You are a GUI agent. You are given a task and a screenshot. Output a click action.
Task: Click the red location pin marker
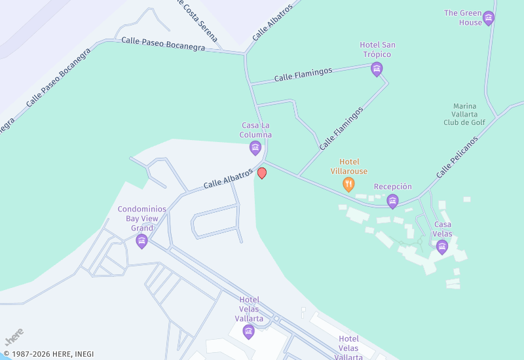click(262, 173)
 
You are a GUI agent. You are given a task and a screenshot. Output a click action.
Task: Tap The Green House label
click(462, 18)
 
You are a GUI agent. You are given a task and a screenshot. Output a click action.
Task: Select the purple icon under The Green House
click(488, 18)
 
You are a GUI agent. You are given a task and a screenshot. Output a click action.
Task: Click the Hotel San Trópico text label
click(377, 50)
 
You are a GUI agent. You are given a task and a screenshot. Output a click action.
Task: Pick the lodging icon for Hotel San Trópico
click(377, 69)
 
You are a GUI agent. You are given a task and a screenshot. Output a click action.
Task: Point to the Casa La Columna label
click(255, 130)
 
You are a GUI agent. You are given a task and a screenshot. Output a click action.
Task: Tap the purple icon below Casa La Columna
click(255, 148)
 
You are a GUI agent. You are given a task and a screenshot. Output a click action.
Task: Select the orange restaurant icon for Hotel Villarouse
click(348, 185)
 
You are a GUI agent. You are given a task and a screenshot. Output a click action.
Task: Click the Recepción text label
click(393, 187)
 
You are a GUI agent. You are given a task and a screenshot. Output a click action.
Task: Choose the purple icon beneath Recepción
click(392, 201)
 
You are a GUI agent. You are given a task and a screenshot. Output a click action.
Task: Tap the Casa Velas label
click(442, 229)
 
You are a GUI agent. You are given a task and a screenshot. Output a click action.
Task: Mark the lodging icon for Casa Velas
click(442, 246)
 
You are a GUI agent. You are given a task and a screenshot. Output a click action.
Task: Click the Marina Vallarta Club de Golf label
click(464, 114)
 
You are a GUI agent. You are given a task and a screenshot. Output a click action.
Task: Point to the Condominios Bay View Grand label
click(141, 219)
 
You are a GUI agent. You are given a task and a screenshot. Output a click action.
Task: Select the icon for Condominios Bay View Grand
click(141, 242)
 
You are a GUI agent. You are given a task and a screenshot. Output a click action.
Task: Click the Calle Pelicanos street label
click(457, 157)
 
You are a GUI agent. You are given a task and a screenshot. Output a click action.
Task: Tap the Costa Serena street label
click(198, 12)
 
